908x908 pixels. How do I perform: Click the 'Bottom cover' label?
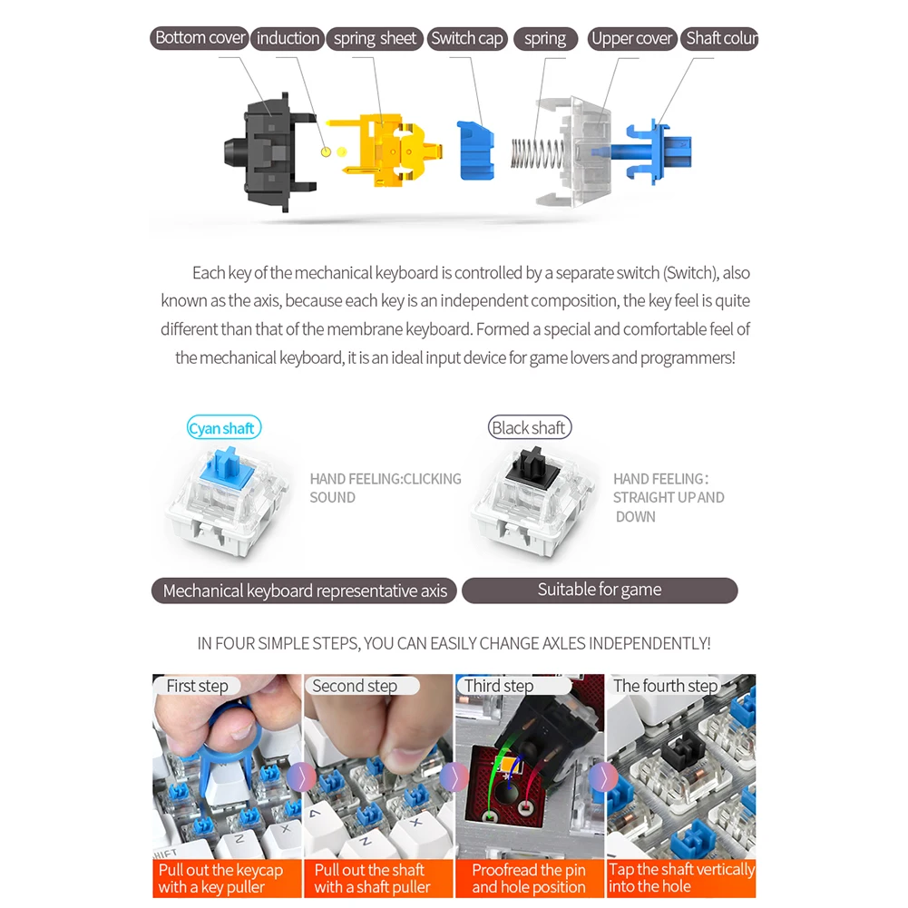tap(200, 38)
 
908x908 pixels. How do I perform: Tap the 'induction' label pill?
tap(288, 39)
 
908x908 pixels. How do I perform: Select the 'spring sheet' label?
tap(375, 39)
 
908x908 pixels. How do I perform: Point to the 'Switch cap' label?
tap(467, 39)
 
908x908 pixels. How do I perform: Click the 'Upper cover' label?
tap(631, 39)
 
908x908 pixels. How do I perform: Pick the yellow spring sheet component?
tap(384, 150)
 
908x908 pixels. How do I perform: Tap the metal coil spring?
tap(537, 154)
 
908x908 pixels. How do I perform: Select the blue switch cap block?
tap(475, 151)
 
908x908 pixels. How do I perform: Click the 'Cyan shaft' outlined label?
tap(223, 428)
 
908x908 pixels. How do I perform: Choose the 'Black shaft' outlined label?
tap(529, 427)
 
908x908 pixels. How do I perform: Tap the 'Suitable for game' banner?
tap(600, 591)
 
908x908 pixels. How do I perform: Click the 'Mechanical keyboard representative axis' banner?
tap(304, 591)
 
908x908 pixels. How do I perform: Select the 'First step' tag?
tap(197, 686)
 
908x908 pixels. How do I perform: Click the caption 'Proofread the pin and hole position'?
tap(529, 878)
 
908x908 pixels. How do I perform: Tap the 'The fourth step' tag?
tap(666, 686)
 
